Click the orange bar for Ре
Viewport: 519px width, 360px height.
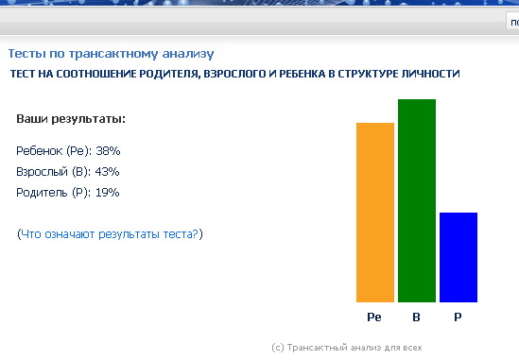pyautogui.click(x=375, y=213)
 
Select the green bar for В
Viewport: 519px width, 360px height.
pyautogui.click(x=417, y=200)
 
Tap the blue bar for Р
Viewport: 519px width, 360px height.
pyautogui.click(x=458, y=257)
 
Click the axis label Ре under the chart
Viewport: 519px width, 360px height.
pyautogui.click(x=374, y=317)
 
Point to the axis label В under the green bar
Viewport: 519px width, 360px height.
pyautogui.click(x=416, y=317)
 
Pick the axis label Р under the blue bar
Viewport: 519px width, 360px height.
pyautogui.click(x=458, y=317)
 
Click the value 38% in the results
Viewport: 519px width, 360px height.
pyautogui.click(x=108, y=151)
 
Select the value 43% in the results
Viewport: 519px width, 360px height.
pyautogui.click(x=107, y=171)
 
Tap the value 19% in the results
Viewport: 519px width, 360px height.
pyautogui.click(x=107, y=192)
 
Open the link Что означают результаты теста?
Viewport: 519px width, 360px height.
pyautogui.click(x=110, y=234)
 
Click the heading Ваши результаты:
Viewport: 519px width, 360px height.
pyautogui.click(x=71, y=119)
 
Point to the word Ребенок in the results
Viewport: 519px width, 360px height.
pyautogui.click(x=40, y=151)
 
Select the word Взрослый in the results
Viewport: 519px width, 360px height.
pyautogui.click(x=42, y=172)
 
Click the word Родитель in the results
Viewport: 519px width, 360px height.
pyautogui.click(x=42, y=193)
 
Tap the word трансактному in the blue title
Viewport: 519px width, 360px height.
pyautogui.click(x=112, y=54)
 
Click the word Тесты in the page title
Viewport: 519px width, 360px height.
pyautogui.click(x=26, y=53)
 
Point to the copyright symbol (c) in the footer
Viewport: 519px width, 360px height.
pyautogui.click(x=278, y=348)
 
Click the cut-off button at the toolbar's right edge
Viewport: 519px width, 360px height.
pyautogui.click(x=512, y=22)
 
